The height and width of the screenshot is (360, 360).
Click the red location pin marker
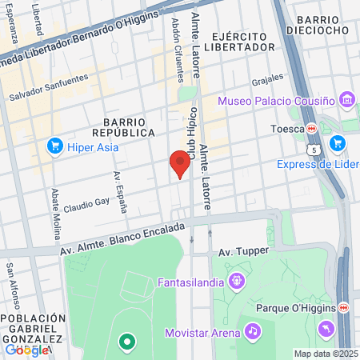(x=180, y=163)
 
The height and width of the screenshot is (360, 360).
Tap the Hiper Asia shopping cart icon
(x=55, y=146)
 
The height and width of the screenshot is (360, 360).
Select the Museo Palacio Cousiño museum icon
(x=346, y=100)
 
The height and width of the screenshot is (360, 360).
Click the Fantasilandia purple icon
(x=237, y=280)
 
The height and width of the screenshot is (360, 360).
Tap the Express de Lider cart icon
(x=338, y=143)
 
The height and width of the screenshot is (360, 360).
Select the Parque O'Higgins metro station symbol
(x=343, y=307)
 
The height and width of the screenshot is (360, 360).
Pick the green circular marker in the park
(x=126, y=343)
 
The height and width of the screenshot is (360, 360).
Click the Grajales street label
(x=267, y=81)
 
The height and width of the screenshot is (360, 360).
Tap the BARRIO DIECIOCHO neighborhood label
(x=322, y=25)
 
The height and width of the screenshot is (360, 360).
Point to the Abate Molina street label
(x=56, y=215)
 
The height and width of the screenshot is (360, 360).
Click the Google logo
(x=26, y=349)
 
